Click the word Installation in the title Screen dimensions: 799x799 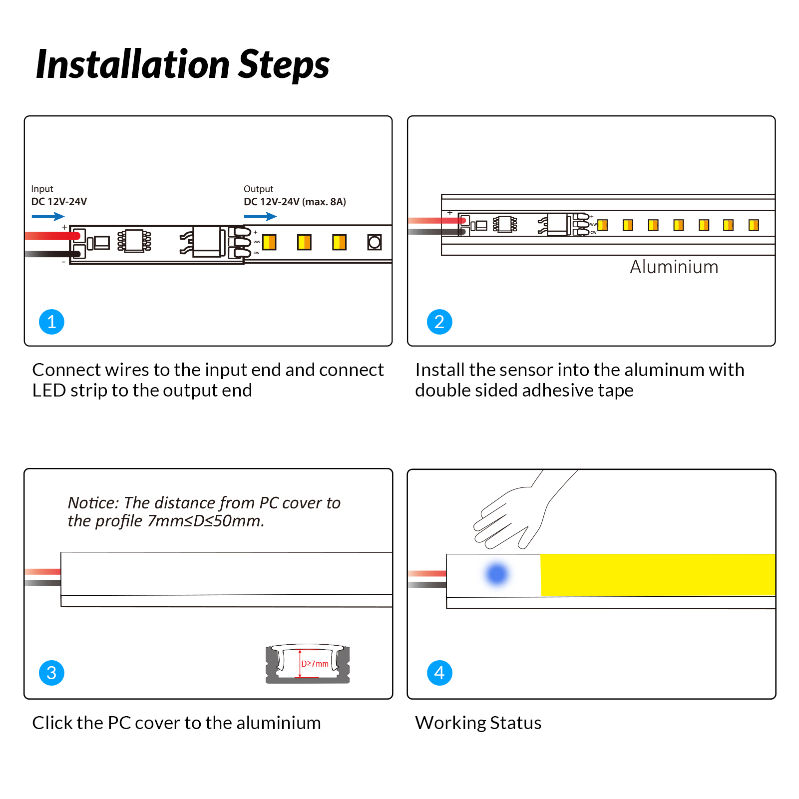(133, 65)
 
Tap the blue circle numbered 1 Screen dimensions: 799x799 (51, 322)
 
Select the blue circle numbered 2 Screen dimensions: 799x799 (439, 322)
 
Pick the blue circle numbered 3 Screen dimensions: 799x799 (51, 673)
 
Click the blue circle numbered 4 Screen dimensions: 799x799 (439, 673)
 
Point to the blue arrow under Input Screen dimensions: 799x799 (48, 216)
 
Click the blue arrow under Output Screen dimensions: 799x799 (260, 216)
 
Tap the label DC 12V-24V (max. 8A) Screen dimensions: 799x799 (295, 202)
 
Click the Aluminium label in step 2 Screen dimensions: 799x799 (674, 267)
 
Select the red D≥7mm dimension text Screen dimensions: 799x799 (315, 664)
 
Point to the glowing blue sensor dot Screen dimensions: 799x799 (496, 574)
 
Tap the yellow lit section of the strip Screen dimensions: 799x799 (657, 575)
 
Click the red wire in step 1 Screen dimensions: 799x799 (50, 236)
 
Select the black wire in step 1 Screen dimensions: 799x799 (50, 254)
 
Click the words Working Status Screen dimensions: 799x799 (478, 723)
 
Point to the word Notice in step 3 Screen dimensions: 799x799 (92, 502)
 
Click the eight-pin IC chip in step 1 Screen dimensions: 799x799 (134, 241)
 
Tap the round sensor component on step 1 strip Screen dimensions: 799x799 (374, 242)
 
